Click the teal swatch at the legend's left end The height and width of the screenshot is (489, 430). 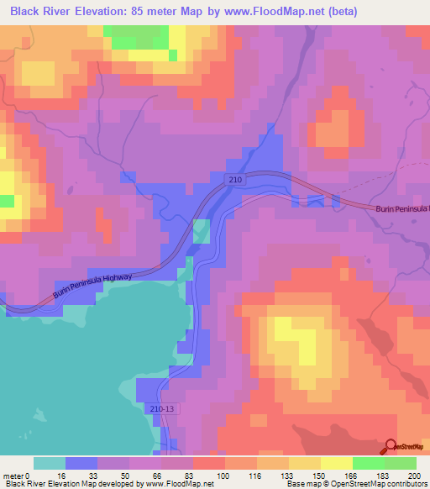tap(50, 463)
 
